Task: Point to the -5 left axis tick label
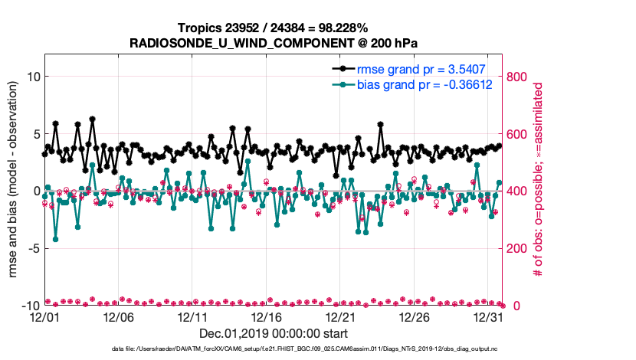click(x=32, y=248)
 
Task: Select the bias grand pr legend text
click(x=423, y=83)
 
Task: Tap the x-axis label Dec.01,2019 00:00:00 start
click(x=274, y=334)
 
